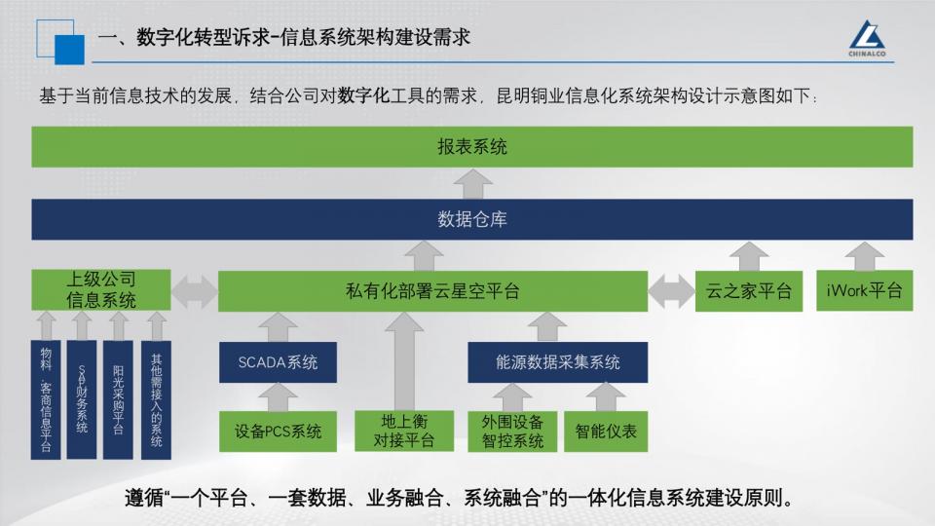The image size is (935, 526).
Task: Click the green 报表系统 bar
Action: point(471,147)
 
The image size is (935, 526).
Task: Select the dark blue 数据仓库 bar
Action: point(471,219)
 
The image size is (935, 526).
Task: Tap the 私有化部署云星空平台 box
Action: point(432,291)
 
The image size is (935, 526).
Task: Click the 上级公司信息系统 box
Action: point(100,290)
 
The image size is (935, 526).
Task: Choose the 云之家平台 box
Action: point(748,291)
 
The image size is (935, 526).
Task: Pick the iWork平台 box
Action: point(864,290)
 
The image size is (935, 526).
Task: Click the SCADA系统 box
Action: point(278,362)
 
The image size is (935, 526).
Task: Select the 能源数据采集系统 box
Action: point(557,362)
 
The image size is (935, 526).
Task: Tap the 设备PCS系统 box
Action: point(278,432)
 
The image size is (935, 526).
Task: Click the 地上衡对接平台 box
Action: point(404,431)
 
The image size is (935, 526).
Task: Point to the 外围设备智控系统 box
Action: point(512,432)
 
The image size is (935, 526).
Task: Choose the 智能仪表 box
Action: point(606,432)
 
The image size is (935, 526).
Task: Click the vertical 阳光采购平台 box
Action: point(118,399)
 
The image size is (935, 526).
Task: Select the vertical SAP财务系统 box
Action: point(82,399)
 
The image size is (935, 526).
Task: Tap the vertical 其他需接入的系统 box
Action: point(156,399)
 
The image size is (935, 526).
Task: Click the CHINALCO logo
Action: point(867,39)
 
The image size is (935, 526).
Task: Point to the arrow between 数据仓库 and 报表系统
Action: point(473,184)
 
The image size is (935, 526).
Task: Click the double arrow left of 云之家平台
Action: point(671,291)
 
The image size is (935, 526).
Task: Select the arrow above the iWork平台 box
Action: point(865,256)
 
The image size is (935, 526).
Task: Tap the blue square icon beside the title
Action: point(69,50)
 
